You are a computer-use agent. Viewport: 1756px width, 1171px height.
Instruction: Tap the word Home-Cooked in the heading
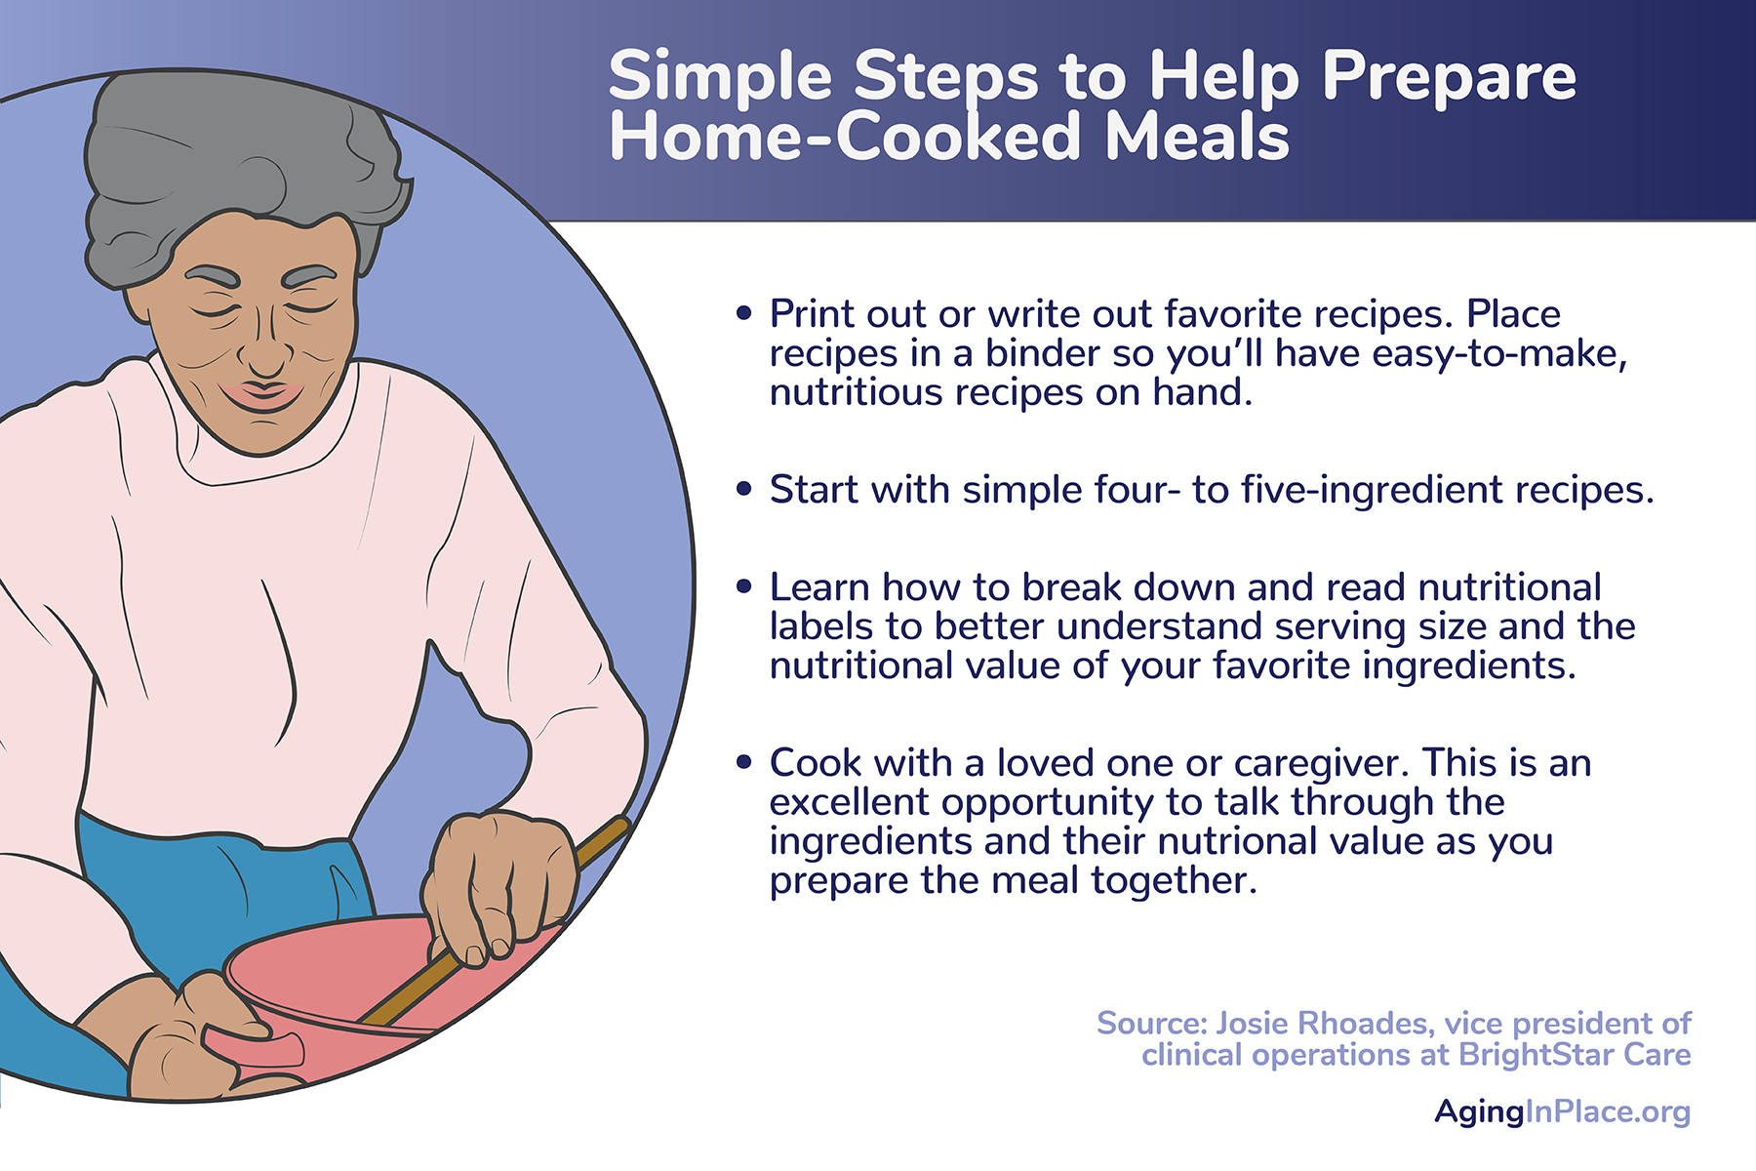click(x=845, y=137)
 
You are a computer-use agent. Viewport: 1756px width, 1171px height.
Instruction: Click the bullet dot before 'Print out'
click(x=744, y=313)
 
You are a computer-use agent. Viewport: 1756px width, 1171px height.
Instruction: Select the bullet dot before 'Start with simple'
click(x=744, y=489)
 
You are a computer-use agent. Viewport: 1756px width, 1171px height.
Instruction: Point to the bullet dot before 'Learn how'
click(x=744, y=586)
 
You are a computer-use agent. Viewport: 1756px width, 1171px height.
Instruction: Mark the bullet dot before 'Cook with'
click(x=744, y=762)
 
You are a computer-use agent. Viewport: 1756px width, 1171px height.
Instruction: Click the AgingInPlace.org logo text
click(x=1563, y=1111)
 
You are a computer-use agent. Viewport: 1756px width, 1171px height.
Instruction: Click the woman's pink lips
click(x=261, y=394)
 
